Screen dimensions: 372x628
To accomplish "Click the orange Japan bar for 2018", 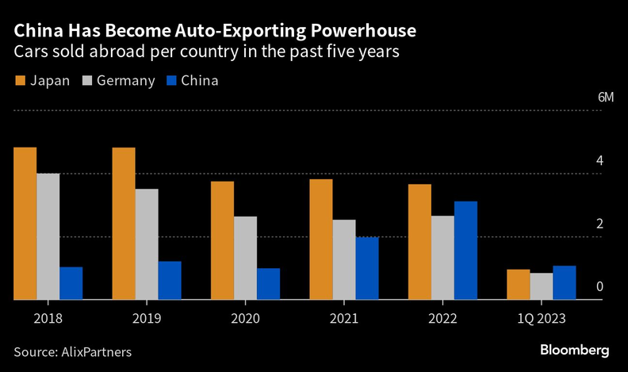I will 25,224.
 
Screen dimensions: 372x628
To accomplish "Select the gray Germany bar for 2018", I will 48,236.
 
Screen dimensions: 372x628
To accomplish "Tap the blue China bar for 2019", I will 170,281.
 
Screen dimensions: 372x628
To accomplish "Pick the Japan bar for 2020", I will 222,240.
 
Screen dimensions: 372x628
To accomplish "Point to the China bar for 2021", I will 367,268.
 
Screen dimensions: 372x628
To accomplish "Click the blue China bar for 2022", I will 465,251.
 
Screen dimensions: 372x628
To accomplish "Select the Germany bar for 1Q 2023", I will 542,286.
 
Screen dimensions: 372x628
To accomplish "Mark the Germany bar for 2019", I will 147,244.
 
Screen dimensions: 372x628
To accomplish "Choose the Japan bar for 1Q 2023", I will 518,285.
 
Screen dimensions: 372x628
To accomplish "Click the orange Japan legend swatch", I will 20,81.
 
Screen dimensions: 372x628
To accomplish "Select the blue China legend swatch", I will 170,81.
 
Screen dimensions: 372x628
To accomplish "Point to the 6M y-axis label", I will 606,98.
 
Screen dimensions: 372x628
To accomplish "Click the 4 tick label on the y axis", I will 600,161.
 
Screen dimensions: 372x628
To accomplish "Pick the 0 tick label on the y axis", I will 600,286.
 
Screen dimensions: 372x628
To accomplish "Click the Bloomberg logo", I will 574,350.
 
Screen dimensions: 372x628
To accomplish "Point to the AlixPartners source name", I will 95,351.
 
